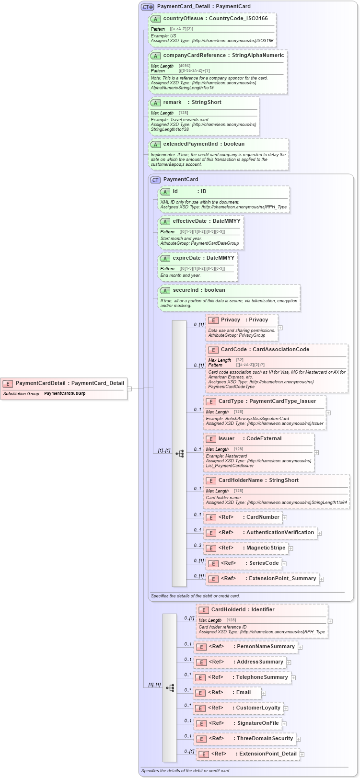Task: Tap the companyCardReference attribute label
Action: [x=194, y=56]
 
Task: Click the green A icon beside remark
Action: [x=155, y=103]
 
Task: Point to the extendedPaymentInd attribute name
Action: [x=190, y=144]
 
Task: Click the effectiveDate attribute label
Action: [x=189, y=221]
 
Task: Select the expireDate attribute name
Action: [x=186, y=258]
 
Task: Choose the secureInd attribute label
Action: [x=186, y=290]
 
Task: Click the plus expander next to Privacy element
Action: [x=280, y=328]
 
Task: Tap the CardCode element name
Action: [x=233, y=350]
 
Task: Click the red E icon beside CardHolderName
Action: [x=211, y=481]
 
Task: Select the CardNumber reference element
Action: [x=243, y=517]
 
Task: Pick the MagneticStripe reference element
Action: [x=246, y=548]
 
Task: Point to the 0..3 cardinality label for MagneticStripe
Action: [x=197, y=545]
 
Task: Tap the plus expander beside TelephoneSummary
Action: [x=293, y=678]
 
